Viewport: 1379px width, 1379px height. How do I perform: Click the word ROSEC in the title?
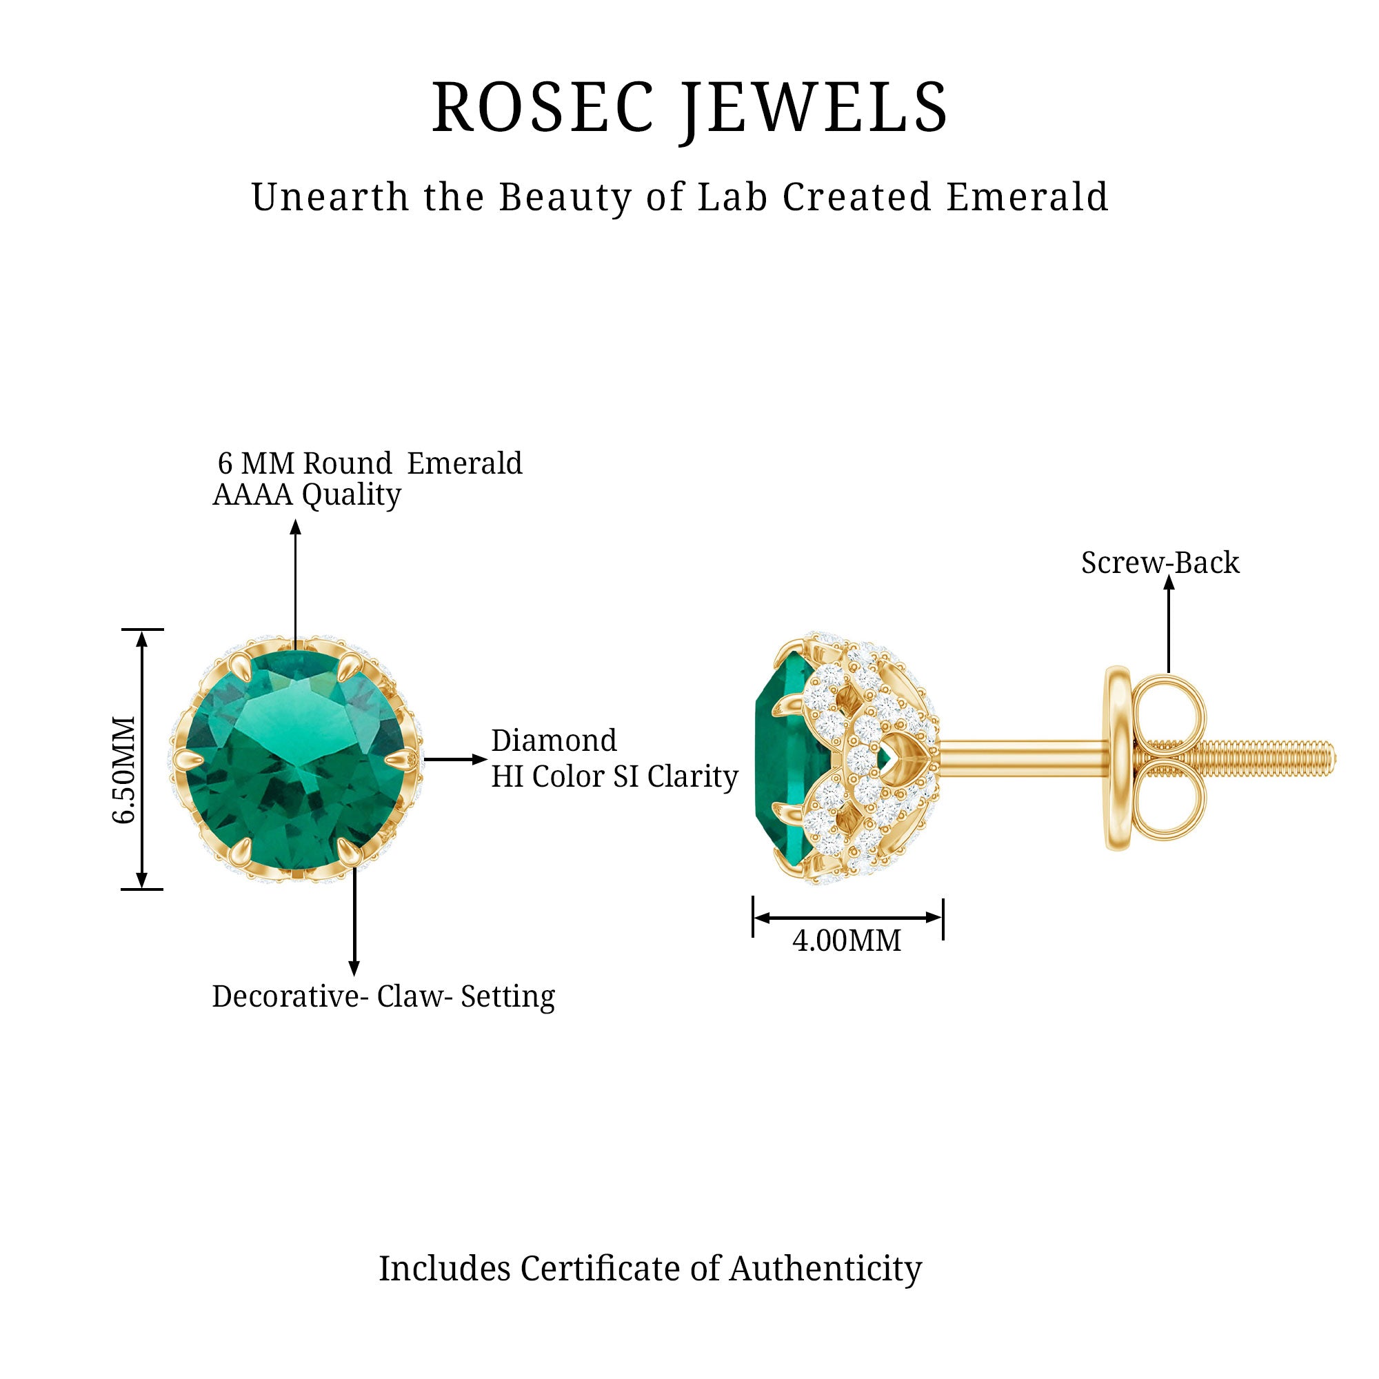click(543, 107)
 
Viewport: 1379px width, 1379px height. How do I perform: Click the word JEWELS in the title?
click(814, 110)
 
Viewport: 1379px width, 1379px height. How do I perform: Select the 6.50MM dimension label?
click(123, 769)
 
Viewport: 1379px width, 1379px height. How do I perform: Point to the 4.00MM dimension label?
click(847, 940)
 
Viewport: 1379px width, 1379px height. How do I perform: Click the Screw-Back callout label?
click(1160, 563)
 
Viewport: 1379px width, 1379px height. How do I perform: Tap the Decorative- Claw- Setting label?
click(383, 997)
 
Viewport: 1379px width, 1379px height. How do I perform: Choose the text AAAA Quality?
click(307, 494)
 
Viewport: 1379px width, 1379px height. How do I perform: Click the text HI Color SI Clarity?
click(614, 776)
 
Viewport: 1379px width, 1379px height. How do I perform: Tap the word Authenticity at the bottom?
click(825, 1269)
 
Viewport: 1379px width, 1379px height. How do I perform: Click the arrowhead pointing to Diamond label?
click(480, 759)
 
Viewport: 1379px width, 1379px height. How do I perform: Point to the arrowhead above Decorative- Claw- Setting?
click(354, 969)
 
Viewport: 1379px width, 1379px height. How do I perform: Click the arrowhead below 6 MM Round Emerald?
click(296, 527)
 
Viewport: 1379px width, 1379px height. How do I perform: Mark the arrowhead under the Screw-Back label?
click(1169, 583)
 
